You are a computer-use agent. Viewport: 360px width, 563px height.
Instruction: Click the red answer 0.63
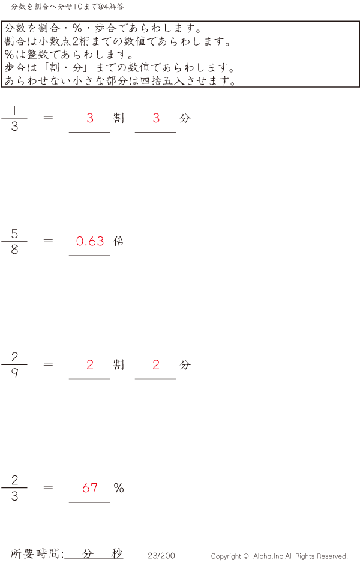coord(90,241)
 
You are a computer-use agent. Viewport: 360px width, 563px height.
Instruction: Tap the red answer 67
coord(90,488)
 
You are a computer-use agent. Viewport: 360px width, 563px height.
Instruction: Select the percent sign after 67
coord(119,488)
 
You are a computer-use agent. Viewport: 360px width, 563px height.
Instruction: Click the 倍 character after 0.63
coord(119,241)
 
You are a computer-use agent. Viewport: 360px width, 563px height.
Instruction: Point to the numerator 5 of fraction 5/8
coord(14,234)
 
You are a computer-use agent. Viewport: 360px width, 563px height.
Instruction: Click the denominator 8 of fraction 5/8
coord(14,250)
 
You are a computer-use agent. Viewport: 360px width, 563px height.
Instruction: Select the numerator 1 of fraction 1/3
coord(14,110)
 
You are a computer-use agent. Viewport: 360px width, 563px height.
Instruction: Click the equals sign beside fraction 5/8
coord(49,241)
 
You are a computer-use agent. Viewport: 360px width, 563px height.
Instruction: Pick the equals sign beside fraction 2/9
coord(49,364)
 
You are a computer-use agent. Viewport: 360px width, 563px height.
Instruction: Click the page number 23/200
coord(161,556)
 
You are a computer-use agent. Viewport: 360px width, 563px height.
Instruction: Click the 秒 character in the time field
coord(116,553)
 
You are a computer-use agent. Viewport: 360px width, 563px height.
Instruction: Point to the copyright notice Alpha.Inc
coord(279,556)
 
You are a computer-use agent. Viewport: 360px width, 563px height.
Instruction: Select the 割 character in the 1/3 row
coord(119,118)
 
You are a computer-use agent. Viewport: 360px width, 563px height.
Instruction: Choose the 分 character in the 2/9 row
coord(185,364)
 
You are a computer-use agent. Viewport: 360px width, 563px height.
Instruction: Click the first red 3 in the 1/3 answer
coord(90,118)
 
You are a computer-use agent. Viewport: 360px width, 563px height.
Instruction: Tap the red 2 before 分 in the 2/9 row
coord(156,364)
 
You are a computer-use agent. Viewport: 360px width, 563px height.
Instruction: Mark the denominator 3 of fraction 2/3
coord(14,496)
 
